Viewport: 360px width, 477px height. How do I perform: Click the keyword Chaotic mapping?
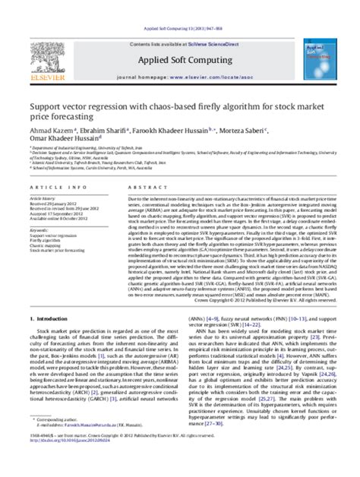(x=46, y=246)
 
